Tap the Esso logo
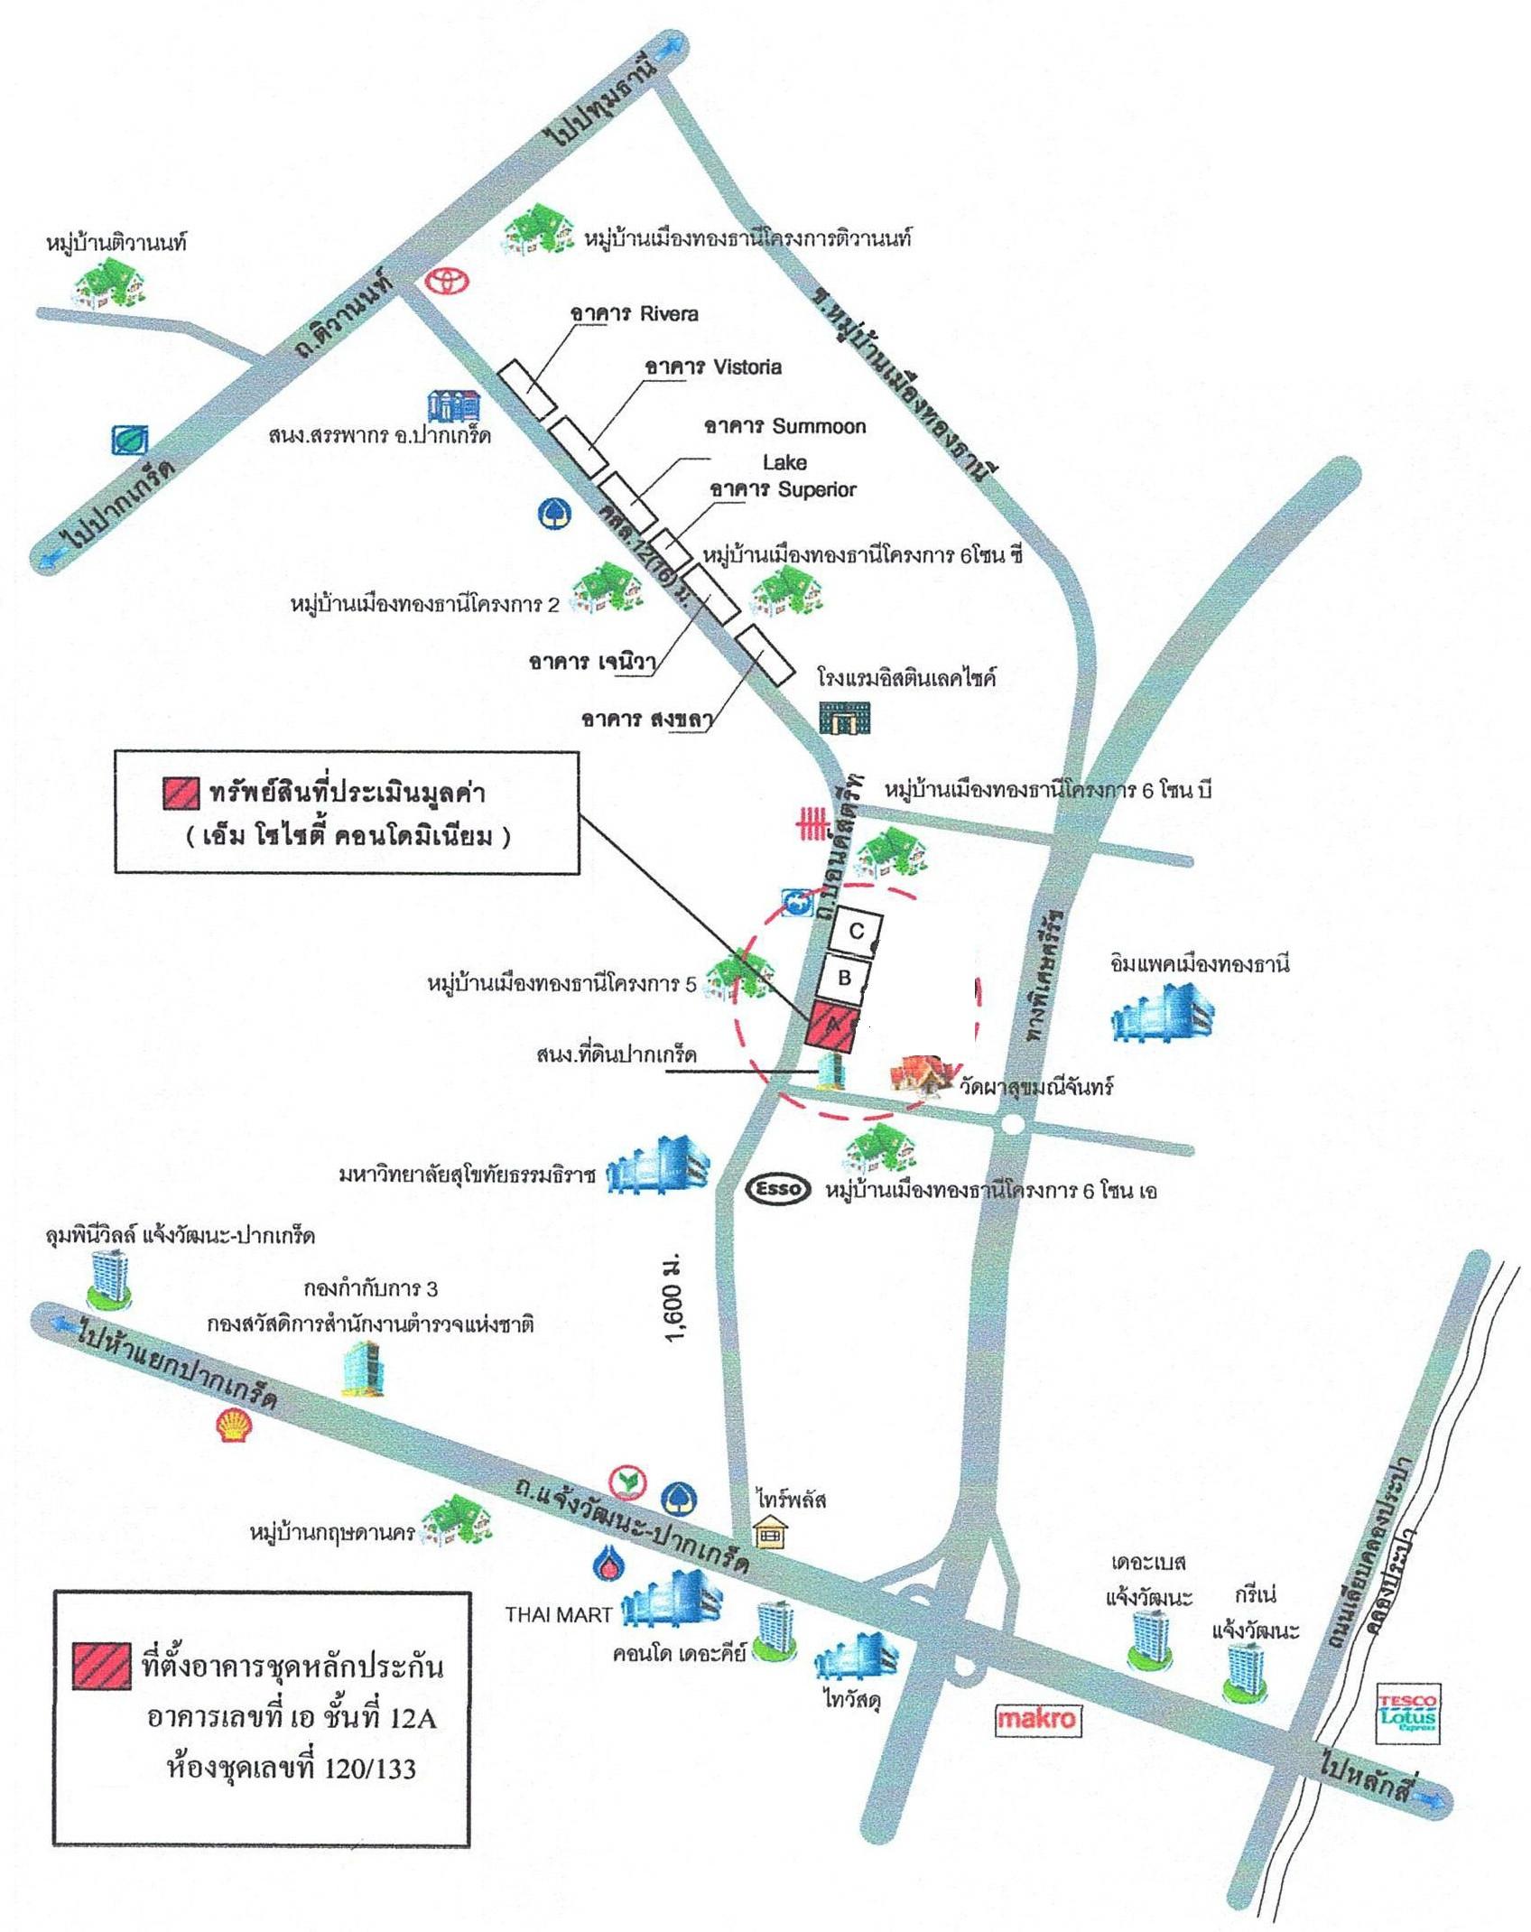tap(777, 1189)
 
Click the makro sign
tap(1036, 1718)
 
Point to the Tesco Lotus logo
tap(1407, 1713)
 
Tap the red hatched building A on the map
tap(836, 1026)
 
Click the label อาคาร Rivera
tap(635, 313)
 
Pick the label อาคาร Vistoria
tap(713, 367)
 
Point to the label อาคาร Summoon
tap(785, 426)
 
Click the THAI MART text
tap(559, 1614)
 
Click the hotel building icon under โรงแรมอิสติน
tap(845, 719)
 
